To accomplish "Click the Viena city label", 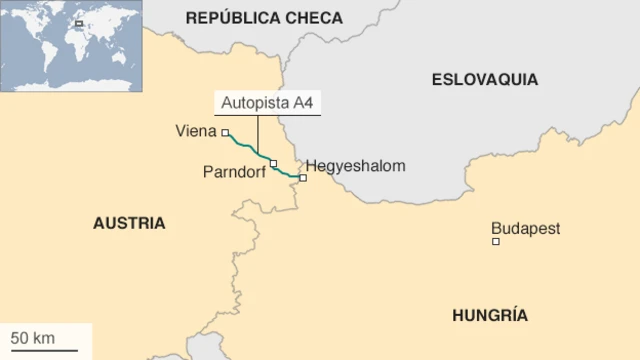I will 196,130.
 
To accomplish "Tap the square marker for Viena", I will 225,132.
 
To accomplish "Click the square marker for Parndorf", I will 273,163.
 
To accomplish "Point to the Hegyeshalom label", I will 355,165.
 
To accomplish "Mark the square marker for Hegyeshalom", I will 302,178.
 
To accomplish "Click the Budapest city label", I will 525,228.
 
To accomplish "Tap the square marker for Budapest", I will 495,241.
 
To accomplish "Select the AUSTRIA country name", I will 129,223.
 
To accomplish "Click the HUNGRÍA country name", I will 489,315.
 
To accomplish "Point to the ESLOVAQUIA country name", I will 484,79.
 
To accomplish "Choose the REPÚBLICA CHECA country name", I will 264,18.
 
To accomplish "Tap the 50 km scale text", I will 32,338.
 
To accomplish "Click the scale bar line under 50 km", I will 43,350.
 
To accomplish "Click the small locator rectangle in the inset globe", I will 78,23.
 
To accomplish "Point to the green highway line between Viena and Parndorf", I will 247,149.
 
